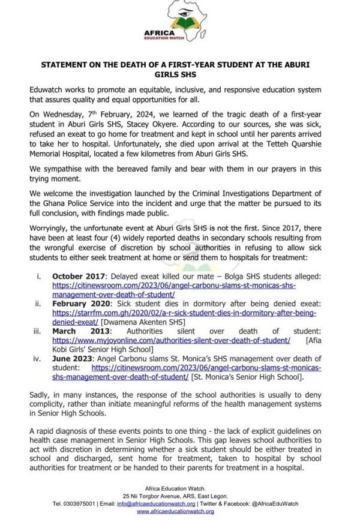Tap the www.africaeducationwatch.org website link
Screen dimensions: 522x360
tap(175, 511)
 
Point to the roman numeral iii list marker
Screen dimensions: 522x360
tap(38, 331)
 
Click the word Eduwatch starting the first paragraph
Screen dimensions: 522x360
tap(49, 89)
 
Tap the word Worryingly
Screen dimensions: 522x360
tap(56, 228)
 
